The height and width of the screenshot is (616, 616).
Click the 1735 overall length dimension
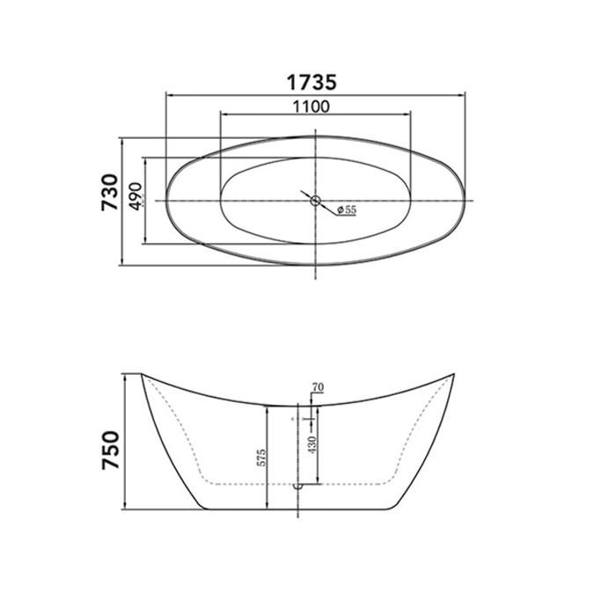click(312, 83)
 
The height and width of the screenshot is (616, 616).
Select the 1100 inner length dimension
click(312, 106)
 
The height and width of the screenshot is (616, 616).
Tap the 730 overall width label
click(110, 193)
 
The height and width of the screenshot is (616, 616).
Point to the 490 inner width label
click(136, 196)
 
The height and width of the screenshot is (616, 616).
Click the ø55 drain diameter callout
click(347, 209)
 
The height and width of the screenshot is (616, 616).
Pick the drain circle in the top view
click(315, 201)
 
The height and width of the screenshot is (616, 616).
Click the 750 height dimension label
click(110, 451)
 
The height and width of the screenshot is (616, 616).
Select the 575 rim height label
click(261, 458)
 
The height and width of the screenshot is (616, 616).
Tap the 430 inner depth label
click(312, 444)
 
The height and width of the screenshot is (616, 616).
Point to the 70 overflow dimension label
click(318, 387)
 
